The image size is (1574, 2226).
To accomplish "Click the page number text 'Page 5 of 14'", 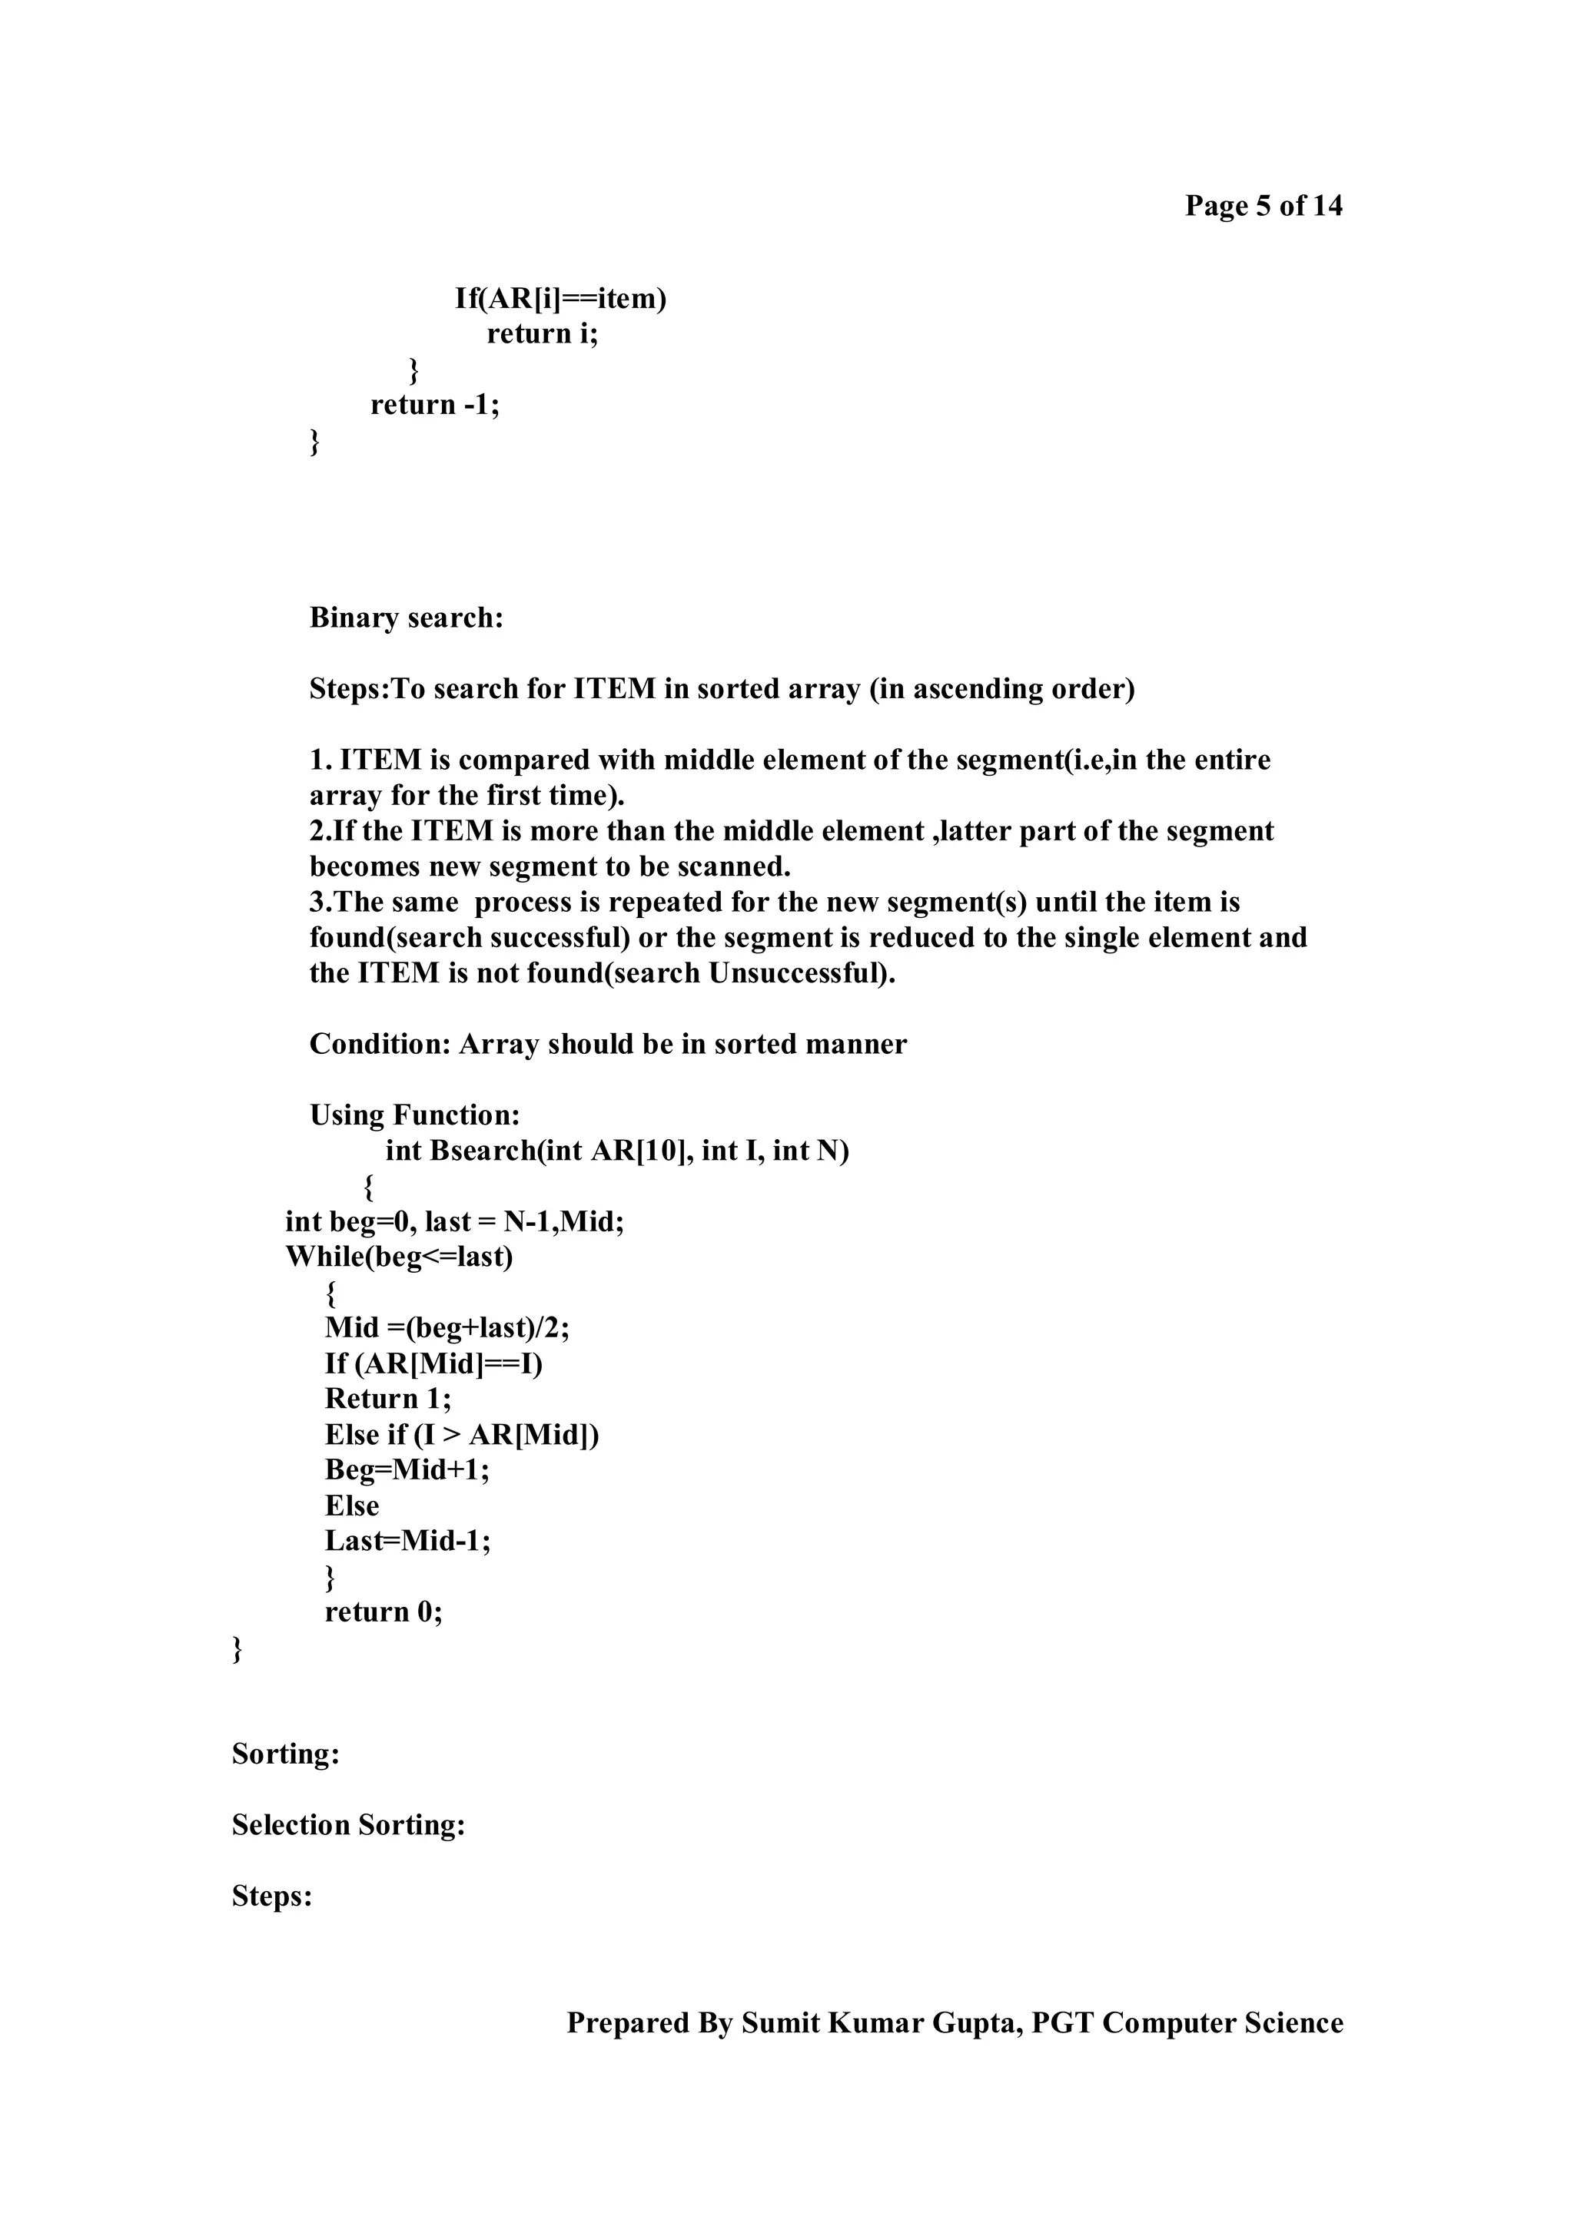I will pos(1263,206).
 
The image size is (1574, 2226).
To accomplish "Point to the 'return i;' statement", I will pos(542,333).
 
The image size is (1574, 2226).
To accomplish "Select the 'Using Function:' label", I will pos(414,1115).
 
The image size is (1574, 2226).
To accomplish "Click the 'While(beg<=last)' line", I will pos(399,1257).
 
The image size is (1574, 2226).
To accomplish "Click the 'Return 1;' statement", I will pos(388,1398).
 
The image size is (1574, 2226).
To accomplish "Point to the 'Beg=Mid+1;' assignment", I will pos(407,1469).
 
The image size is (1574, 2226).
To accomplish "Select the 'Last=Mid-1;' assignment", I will pos(407,1541).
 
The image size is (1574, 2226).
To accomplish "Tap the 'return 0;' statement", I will pos(383,1612).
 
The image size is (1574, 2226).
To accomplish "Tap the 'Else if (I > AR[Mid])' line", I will pos(462,1434).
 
